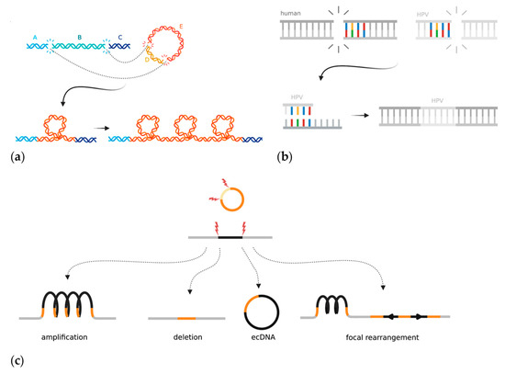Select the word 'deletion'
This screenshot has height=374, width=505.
pyautogui.click(x=169, y=338)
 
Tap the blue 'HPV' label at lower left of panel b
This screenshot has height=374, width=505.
pyautogui.click(x=297, y=102)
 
